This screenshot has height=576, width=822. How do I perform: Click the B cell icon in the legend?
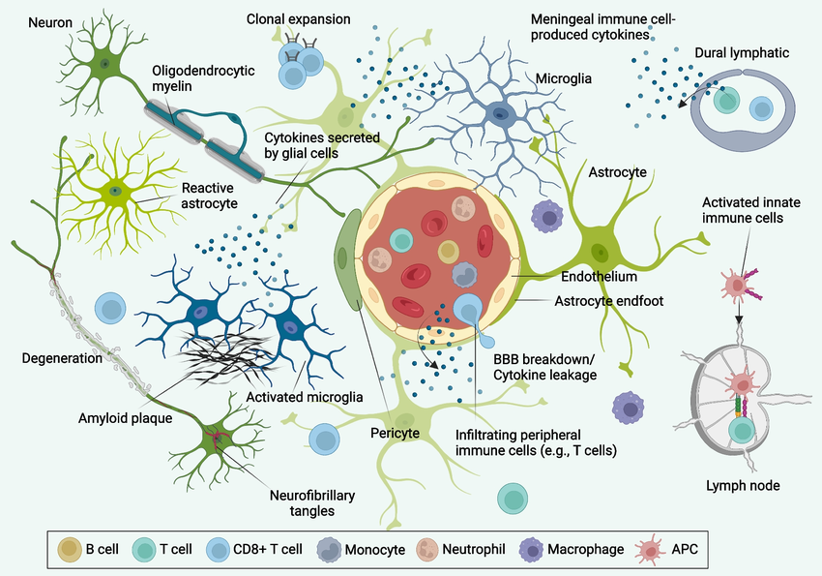(x=70, y=549)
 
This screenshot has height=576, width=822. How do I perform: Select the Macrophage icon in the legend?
(x=531, y=549)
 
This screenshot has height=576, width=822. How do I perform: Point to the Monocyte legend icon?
(x=325, y=549)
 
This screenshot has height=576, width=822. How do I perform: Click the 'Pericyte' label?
(x=395, y=433)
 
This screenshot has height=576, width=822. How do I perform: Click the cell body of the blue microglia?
(x=499, y=114)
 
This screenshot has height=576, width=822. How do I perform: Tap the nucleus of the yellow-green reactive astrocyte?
(x=116, y=190)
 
